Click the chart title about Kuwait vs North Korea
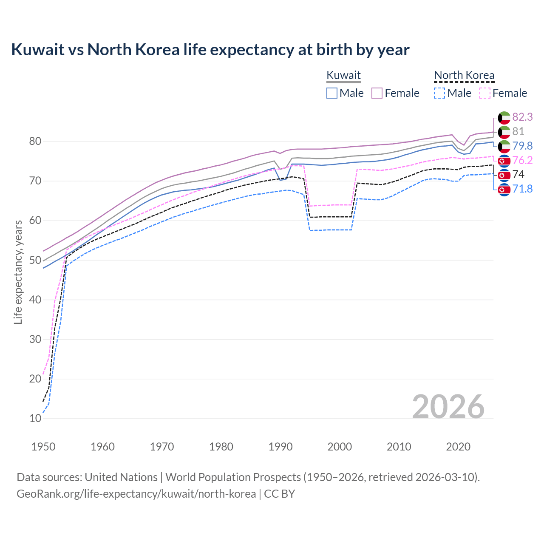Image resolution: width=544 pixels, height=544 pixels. point(210,50)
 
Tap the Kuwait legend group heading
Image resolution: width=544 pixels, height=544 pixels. point(343,75)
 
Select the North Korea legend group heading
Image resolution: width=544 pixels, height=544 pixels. point(464,75)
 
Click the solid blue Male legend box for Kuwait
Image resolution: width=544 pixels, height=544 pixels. point(332,93)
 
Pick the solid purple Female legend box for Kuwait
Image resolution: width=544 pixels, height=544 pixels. point(377,93)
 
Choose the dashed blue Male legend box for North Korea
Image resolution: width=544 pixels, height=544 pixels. point(440,93)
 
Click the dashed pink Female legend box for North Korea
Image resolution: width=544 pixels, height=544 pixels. point(485,93)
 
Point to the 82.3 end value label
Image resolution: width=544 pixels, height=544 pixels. point(522,117)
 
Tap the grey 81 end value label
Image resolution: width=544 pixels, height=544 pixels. point(518,131)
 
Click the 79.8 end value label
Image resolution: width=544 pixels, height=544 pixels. point(522,146)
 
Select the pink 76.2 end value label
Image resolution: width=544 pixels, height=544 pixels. point(522,160)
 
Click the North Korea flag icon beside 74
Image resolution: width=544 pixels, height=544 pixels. point(504,175)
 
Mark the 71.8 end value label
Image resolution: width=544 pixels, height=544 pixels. point(522,189)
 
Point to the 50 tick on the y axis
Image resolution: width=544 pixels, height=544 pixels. point(35,260)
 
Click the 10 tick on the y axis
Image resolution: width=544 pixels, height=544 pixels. point(35,418)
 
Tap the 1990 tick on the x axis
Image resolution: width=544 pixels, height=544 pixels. point(280,447)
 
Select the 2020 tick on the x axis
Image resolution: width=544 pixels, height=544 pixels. point(458,447)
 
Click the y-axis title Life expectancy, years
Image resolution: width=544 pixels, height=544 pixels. point(18,272)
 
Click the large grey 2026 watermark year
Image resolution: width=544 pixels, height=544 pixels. point(448,407)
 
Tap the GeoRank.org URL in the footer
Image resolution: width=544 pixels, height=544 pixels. point(136,494)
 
